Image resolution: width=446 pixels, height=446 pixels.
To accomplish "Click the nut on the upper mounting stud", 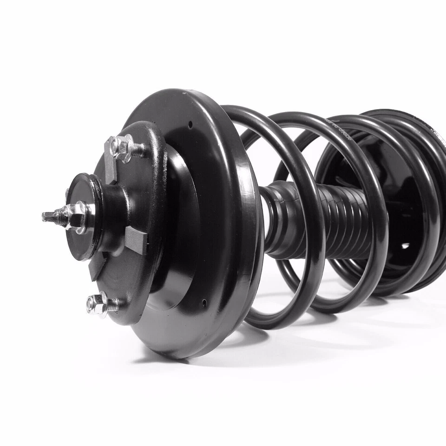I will point(122,148).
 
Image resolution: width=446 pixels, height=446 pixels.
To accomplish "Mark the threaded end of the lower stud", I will point(112,305).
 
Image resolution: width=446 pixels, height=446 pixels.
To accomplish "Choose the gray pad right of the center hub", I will point(136,240).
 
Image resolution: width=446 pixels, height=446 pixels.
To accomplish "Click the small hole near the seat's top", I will point(190,124).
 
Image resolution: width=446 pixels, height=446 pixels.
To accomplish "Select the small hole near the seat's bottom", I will point(204,303).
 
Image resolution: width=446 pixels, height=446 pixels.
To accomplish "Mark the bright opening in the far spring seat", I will point(405,246).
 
